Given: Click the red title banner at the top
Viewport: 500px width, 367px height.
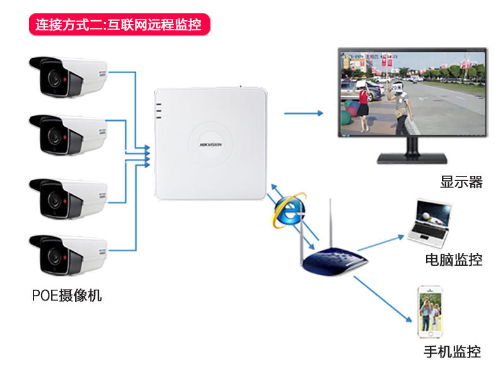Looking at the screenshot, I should [119, 25].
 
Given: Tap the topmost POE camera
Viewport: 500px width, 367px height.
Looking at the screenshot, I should [68, 76].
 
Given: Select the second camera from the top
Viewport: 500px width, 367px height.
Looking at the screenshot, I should [68, 134].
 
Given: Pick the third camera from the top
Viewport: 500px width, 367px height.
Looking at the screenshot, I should [68, 198].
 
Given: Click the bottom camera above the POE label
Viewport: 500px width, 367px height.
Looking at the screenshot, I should [68, 254].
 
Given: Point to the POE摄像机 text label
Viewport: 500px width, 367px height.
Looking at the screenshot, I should [66, 295].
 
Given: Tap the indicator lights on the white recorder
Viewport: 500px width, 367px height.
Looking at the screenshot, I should [159, 111].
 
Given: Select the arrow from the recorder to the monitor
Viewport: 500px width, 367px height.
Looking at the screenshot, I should [302, 113].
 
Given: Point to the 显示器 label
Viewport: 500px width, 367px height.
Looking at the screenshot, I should [461, 182].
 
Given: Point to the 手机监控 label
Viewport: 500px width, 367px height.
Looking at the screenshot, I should [451, 352].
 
